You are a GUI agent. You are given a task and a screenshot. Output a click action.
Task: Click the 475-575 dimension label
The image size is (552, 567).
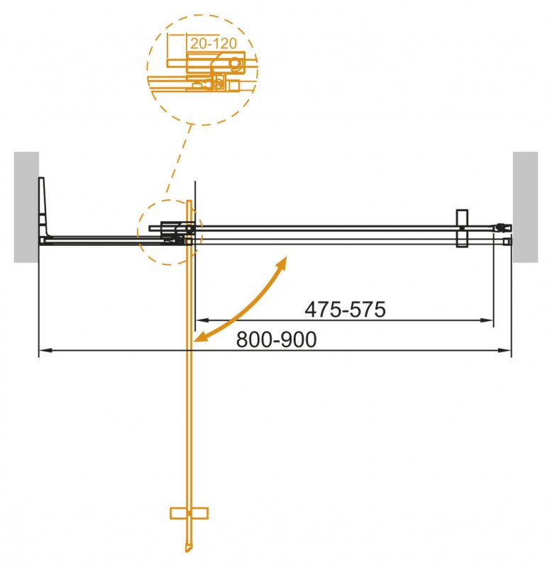(x=344, y=310)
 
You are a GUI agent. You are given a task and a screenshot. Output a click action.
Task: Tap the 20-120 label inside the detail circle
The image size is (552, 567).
(x=214, y=43)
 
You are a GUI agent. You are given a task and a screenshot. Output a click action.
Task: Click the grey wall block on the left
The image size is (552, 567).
(x=26, y=206)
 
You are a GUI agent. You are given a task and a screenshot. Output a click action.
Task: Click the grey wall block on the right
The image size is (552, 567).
(x=526, y=206)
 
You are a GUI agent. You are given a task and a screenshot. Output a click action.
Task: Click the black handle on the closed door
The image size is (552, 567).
(x=461, y=228)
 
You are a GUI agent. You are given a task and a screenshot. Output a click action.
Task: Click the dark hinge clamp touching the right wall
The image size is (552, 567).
(x=504, y=228)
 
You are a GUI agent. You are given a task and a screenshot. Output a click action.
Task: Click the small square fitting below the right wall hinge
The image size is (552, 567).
(x=506, y=242)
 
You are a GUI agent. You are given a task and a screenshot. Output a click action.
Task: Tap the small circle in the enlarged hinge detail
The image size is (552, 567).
(x=234, y=64)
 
